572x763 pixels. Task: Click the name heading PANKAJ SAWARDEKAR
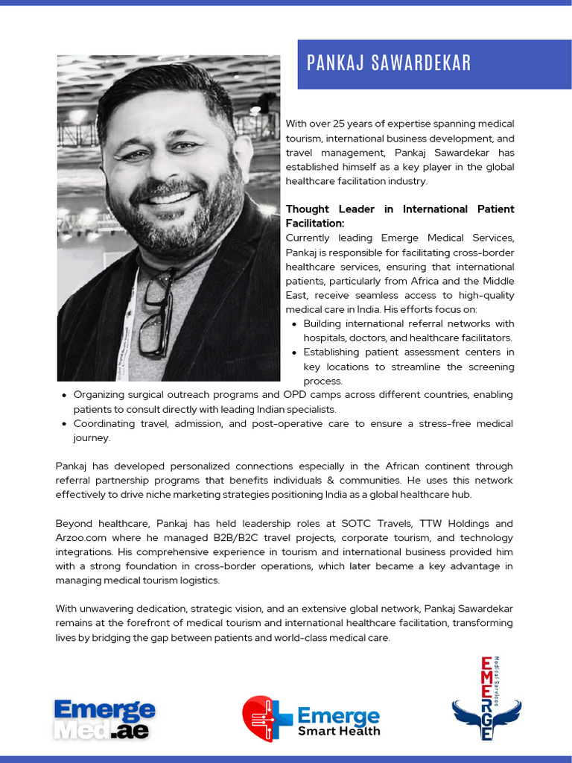pos(389,63)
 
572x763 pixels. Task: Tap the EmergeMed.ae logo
pos(104,719)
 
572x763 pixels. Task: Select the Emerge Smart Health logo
pos(311,719)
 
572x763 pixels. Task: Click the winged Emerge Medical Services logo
pos(486,700)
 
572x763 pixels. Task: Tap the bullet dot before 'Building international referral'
pos(295,324)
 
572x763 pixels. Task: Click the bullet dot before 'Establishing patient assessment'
pos(295,352)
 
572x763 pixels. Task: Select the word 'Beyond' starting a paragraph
pos(74,524)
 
